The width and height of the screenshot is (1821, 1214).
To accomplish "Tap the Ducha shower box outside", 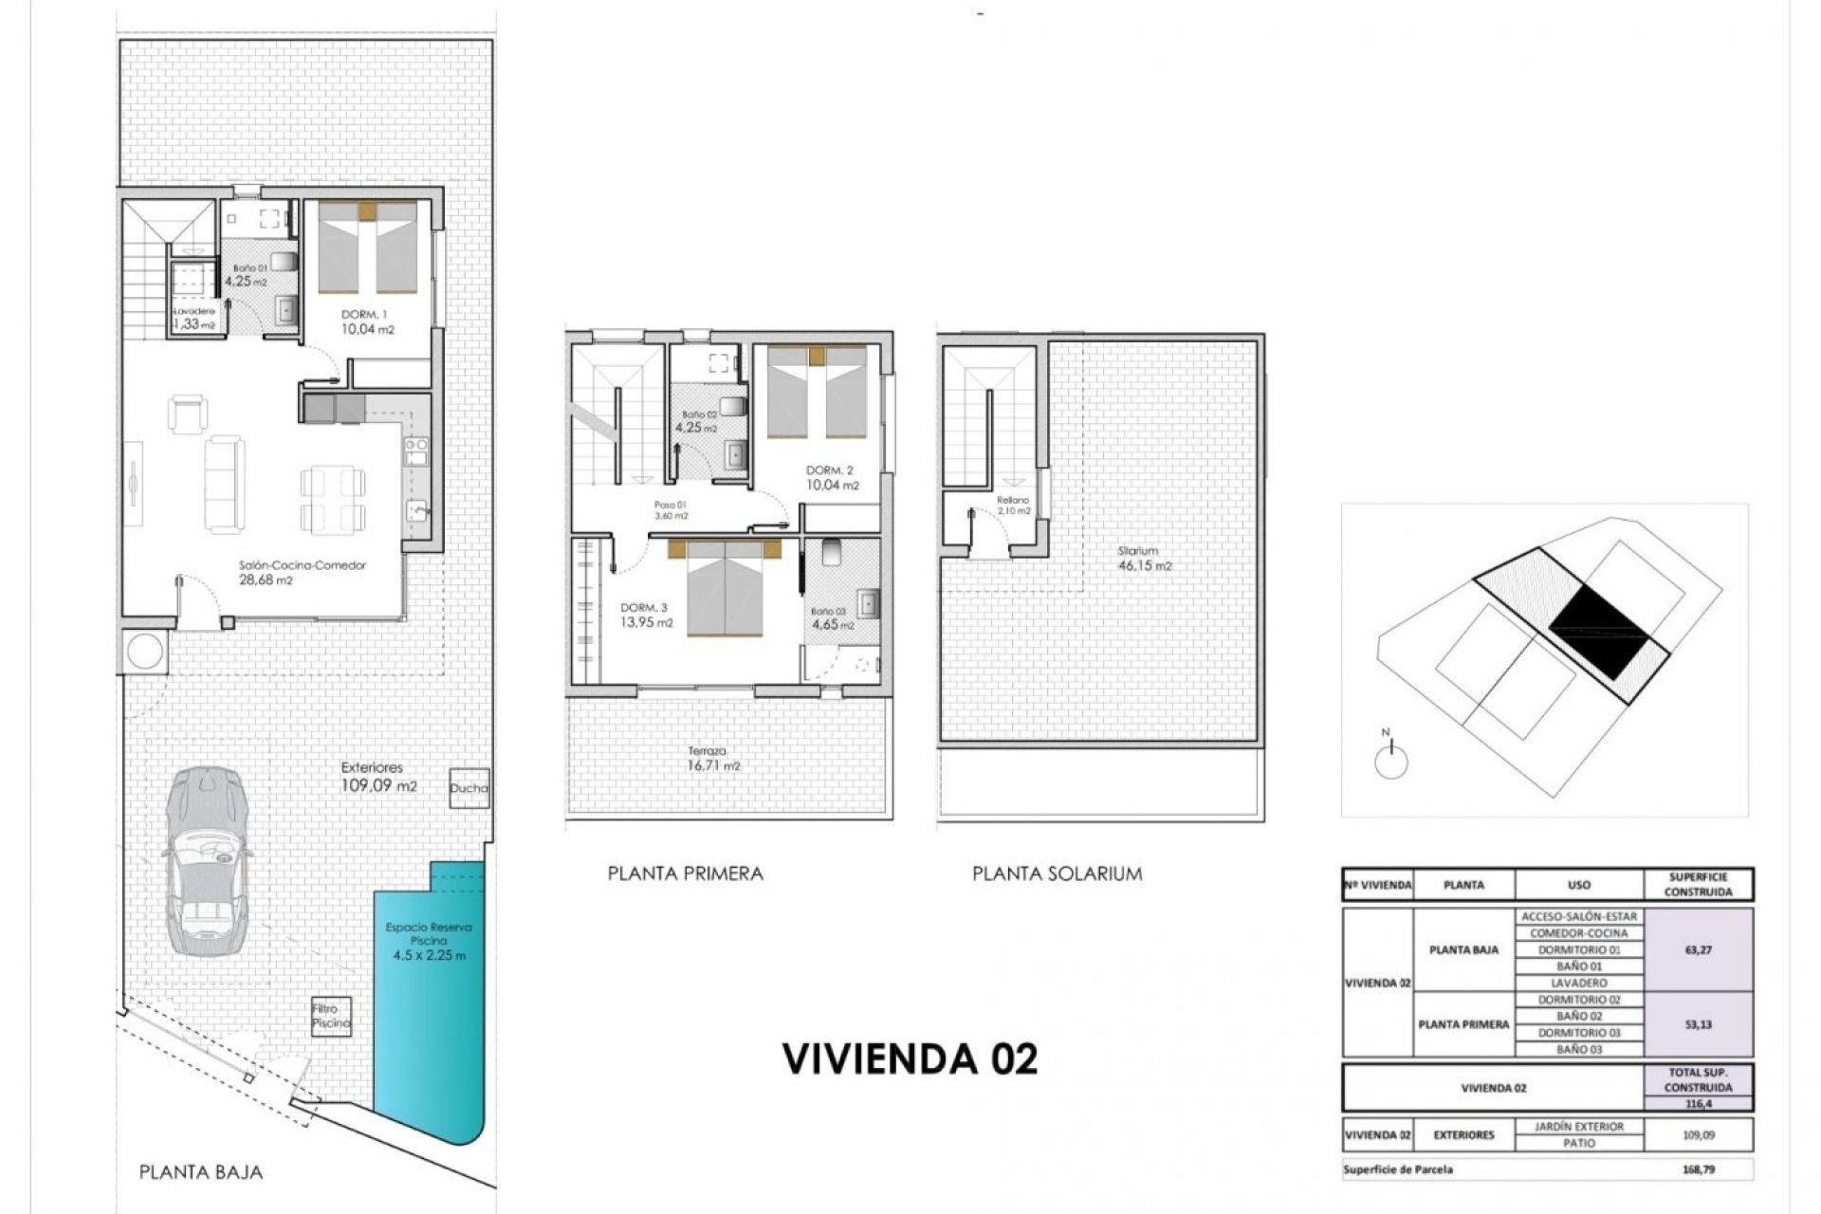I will point(469,787).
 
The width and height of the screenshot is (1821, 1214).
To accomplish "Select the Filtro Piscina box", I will point(331,1017).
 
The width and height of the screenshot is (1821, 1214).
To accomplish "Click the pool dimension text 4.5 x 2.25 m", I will point(429,956).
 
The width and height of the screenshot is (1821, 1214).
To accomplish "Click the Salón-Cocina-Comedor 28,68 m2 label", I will point(302,573).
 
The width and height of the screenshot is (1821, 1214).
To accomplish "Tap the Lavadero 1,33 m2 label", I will point(193,318).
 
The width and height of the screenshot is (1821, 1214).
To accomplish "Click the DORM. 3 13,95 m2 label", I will point(646,616).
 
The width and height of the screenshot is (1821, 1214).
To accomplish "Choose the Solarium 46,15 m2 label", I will point(1144,559).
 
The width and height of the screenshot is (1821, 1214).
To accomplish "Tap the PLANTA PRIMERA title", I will point(685,874).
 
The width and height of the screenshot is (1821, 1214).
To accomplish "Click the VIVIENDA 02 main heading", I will point(910,1058).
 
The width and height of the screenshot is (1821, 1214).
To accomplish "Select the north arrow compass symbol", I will point(1390,760).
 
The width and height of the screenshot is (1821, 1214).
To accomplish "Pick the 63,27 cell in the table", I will point(1698,949).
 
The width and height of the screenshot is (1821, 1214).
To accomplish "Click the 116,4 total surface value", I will point(1698,1104).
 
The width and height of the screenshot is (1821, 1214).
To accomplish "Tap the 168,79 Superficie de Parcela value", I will point(1698,1169).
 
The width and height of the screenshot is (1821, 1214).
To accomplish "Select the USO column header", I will point(1578,885).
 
